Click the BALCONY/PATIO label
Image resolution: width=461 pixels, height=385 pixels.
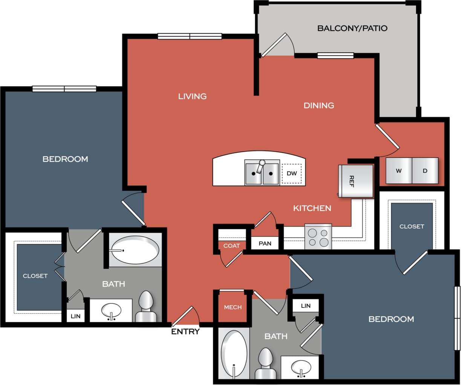click(x=352, y=28)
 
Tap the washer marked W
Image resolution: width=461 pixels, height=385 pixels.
click(x=399, y=170)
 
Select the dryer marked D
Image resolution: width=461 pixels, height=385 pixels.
click(x=425, y=170)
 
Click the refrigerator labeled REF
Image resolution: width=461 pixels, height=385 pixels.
click(x=355, y=181)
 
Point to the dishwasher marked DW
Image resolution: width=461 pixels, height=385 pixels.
click(x=292, y=173)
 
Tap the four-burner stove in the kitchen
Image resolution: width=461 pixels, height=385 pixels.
click(x=318, y=237)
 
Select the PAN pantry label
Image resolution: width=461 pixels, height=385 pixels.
click(x=265, y=243)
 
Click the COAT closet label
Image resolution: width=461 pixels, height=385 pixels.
click(x=231, y=246)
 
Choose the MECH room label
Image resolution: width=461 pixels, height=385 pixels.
click(x=233, y=307)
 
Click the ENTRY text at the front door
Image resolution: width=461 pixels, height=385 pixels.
click(x=185, y=332)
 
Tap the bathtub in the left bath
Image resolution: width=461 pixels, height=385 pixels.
click(x=135, y=250)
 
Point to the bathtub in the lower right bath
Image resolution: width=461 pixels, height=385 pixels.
click(x=234, y=354)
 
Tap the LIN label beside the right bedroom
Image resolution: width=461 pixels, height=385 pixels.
click(x=306, y=306)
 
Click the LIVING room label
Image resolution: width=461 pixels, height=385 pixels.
click(x=192, y=96)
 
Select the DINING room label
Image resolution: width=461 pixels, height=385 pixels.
click(x=319, y=105)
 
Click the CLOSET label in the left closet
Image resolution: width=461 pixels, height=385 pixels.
click(x=35, y=276)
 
